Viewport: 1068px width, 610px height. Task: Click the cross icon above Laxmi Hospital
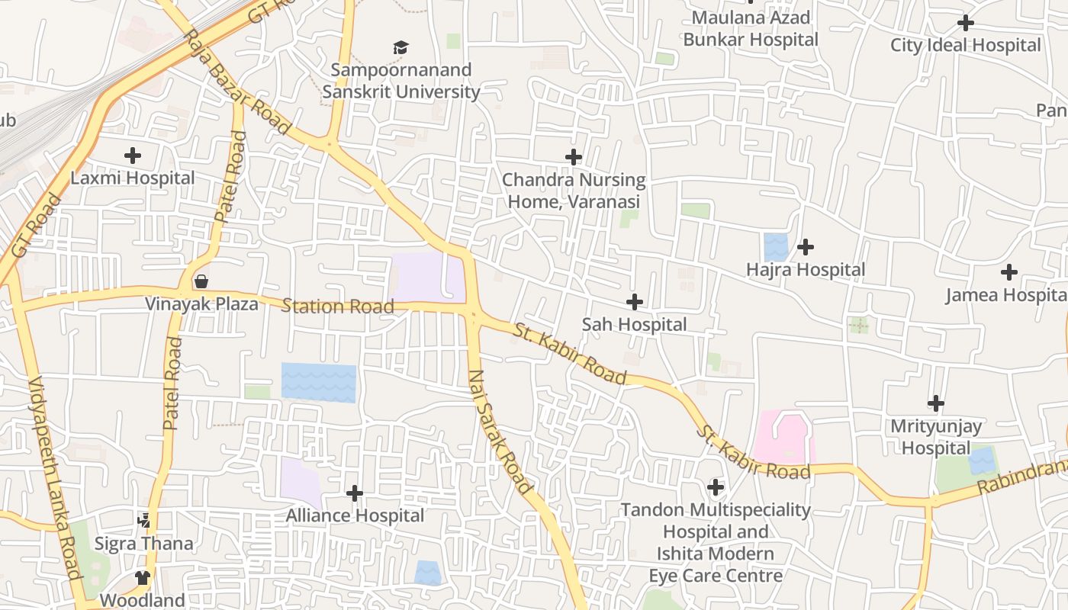(x=133, y=156)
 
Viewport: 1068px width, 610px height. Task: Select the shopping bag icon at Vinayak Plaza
(x=201, y=281)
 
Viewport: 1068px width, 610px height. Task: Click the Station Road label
(x=337, y=307)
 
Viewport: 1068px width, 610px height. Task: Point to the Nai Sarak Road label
(x=500, y=432)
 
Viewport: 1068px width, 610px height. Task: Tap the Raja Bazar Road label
(x=237, y=82)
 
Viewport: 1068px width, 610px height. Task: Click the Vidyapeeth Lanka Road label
(x=54, y=478)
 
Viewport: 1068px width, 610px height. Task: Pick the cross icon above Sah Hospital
(x=634, y=303)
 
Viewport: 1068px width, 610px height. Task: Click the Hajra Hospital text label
(x=806, y=270)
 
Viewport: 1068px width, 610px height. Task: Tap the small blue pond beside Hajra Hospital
(x=776, y=247)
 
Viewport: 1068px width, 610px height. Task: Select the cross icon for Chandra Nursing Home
(x=574, y=158)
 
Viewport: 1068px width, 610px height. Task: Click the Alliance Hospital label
(x=355, y=515)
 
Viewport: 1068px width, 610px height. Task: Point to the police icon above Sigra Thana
(x=144, y=521)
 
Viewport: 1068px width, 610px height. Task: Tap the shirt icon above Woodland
(x=143, y=577)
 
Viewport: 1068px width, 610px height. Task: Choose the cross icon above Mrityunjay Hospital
(x=936, y=403)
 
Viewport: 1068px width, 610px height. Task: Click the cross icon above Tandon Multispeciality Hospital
(x=716, y=486)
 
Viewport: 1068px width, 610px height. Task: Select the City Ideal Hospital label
(x=965, y=45)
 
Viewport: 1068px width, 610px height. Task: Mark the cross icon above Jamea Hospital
(x=1009, y=272)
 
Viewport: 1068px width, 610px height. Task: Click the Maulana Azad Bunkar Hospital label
(x=751, y=28)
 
